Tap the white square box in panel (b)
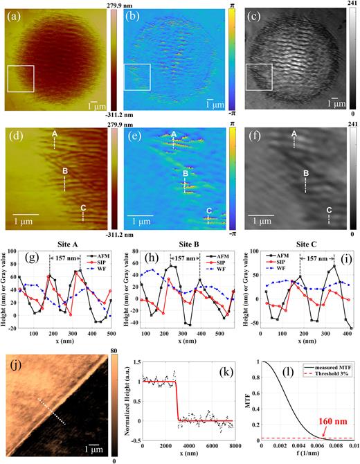[x=137, y=77]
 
